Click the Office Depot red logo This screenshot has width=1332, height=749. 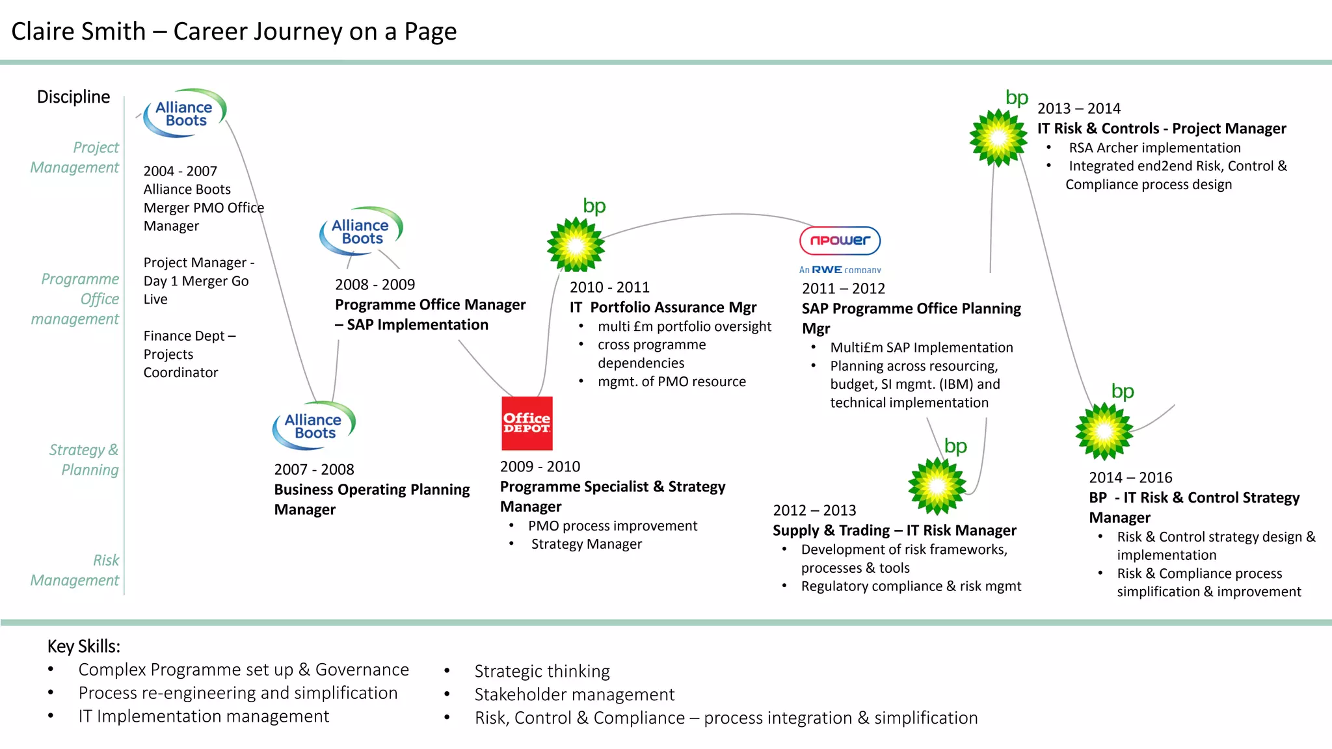527,423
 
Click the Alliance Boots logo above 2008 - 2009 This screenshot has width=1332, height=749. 361,231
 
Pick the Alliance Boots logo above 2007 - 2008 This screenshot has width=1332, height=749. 313,426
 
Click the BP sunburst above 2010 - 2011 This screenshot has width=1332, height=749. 576,244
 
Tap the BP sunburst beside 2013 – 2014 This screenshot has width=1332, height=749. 998,138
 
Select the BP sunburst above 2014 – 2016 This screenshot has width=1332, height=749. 1104,431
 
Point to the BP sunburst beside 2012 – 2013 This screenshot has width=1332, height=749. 937,486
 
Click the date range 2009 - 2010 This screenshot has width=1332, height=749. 540,467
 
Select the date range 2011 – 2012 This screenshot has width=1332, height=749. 843,289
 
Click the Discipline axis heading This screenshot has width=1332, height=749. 73,97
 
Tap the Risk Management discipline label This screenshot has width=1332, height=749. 75,570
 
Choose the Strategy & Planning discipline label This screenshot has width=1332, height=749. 84,460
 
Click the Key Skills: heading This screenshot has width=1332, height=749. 84,646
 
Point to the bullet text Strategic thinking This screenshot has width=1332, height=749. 542,671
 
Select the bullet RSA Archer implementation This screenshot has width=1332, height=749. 1154,148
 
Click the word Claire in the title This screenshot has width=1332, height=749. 45,31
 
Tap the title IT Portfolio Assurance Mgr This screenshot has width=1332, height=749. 663,307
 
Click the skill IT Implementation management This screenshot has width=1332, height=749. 204,716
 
